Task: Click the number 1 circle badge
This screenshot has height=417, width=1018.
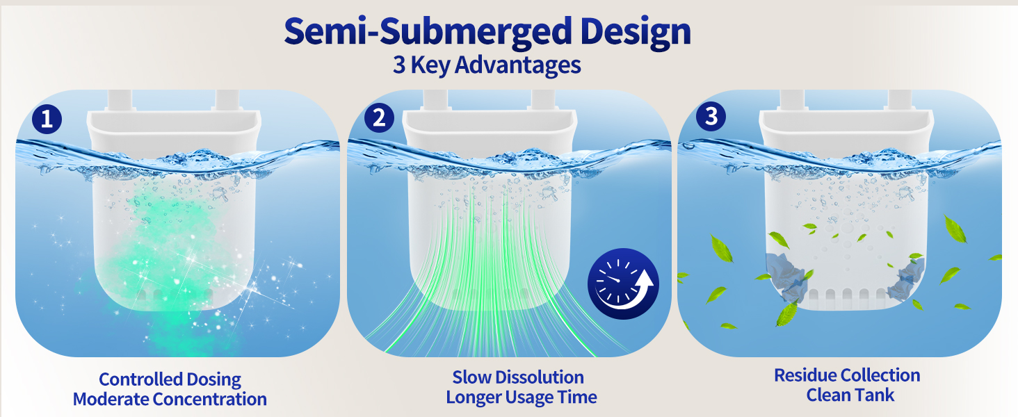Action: [47, 119]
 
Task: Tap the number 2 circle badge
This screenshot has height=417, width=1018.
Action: [379, 117]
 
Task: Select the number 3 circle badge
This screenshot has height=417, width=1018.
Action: [711, 116]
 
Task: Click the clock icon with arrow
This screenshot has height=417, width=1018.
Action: [623, 284]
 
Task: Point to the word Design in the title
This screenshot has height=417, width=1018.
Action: [636, 32]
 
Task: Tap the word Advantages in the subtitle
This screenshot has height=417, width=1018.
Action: [517, 65]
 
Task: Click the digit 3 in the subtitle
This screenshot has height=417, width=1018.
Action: [399, 65]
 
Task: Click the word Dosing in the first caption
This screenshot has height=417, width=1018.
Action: [218, 379]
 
